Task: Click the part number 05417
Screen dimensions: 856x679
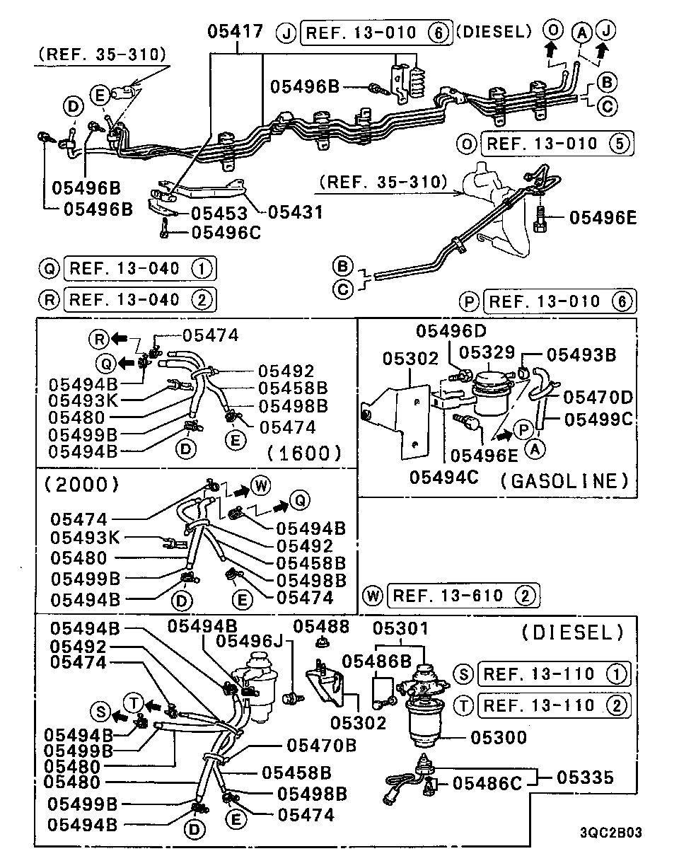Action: [236, 33]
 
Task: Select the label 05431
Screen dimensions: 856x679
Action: [295, 212]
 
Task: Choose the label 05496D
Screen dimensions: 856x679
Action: [452, 330]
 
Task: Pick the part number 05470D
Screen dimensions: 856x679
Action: [598, 397]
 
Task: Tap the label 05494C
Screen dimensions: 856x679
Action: [443, 478]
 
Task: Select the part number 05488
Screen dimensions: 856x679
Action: [322, 626]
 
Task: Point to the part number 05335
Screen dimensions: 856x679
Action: [585, 778]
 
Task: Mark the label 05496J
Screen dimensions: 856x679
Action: [250, 641]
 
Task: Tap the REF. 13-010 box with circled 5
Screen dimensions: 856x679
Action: [556, 144]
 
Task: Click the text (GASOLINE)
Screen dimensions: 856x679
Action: [564, 481]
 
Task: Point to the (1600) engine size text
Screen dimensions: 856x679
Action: [306, 453]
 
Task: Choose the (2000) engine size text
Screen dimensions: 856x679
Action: [81, 485]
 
